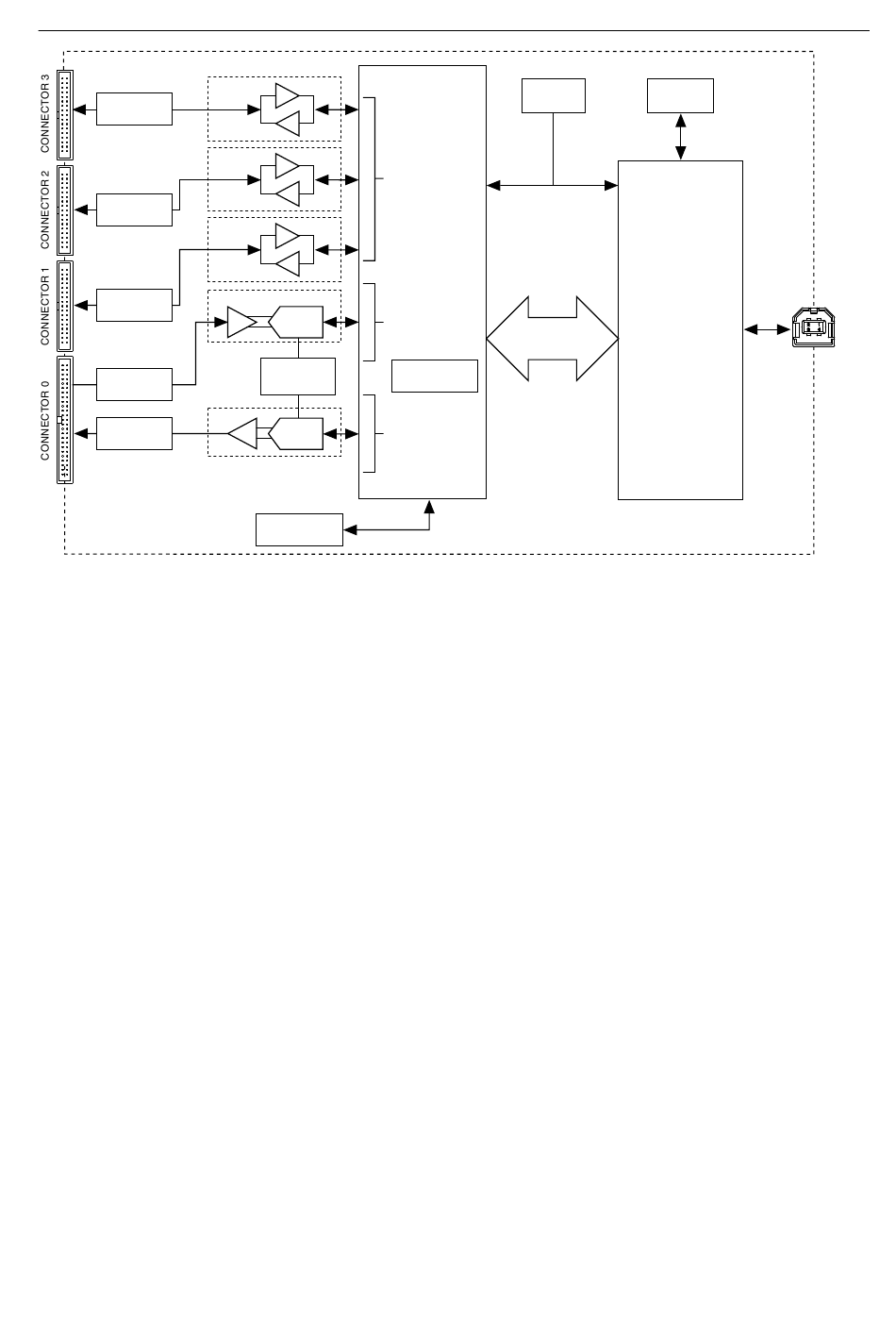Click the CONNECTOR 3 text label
tap(45, 113)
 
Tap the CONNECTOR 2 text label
tap(45, 209)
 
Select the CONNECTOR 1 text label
tap(45, 306)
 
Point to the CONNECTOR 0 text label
tap(45, 421)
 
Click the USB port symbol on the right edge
tap(813, 327)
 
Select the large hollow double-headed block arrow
tap(552, 339)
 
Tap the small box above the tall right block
tap(680, 95)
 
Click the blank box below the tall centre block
tap(299, 529)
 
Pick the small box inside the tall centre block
tap(435, 376)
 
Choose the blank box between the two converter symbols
tap(298, 377)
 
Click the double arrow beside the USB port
tap(768, 329)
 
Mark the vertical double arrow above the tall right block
tap(681, 137)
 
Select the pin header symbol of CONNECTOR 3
tap(65, 115)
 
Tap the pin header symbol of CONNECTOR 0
tap(65, 420)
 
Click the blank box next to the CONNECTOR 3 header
tap(135, 109)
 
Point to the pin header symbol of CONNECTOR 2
tap(65, 210)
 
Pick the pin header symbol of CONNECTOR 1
tap(65, 306)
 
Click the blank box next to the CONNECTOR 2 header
tap(135, 209)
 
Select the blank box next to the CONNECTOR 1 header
tap(135, 306)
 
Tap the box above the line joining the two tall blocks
tap(554, 95)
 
